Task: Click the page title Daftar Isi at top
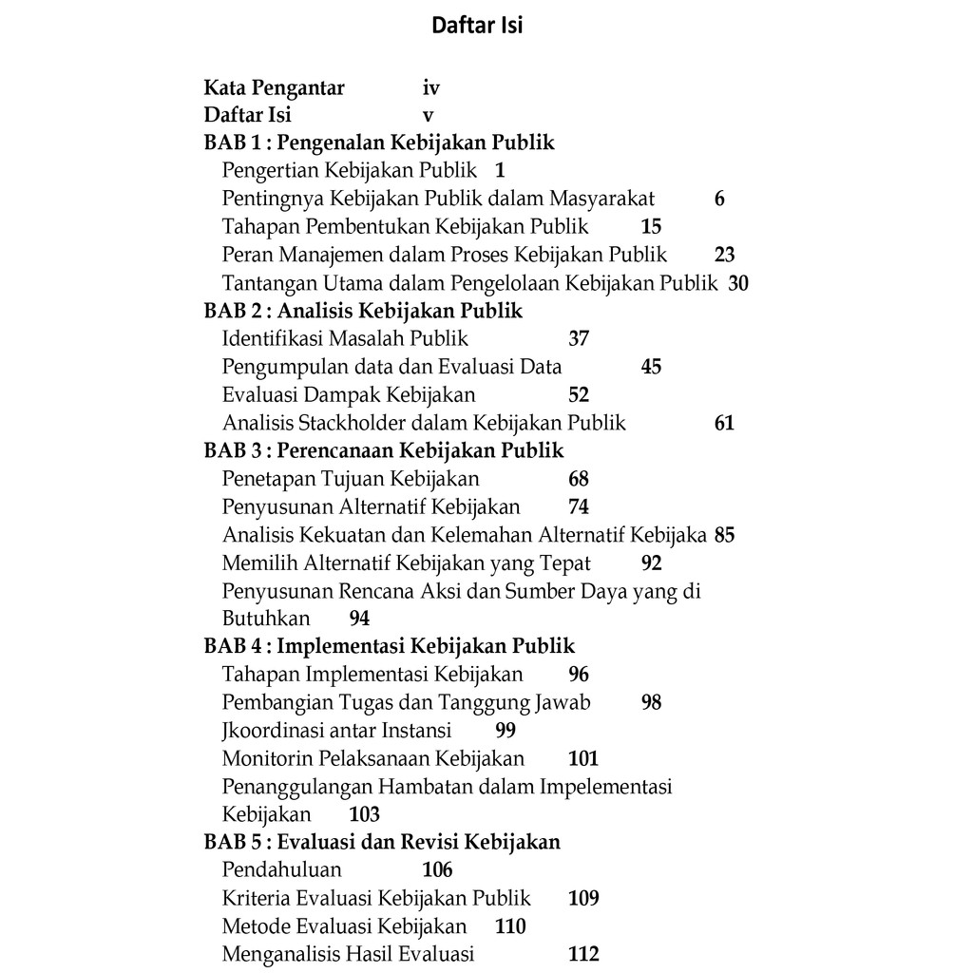click(477, 26)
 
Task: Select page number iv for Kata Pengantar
click(431, 88)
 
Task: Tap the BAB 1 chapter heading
click(379, 143)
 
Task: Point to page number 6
click(719, 199)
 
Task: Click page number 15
click(651, 226)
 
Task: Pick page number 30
click(738, 283)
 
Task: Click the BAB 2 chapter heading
click(363, 311)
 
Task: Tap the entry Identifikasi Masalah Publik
click(345, 338)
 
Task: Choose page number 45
click(651, 367)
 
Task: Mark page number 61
click(724, 423)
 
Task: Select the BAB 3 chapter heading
click(384, 450)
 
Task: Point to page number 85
click(724, 535)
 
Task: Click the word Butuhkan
click(266, 619)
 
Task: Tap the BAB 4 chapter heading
click(390, 646)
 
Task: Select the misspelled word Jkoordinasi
click(283, 731)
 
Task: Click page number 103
click(364, 814)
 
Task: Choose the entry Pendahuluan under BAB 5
click(281, 869)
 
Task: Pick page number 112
click(583, 954)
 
